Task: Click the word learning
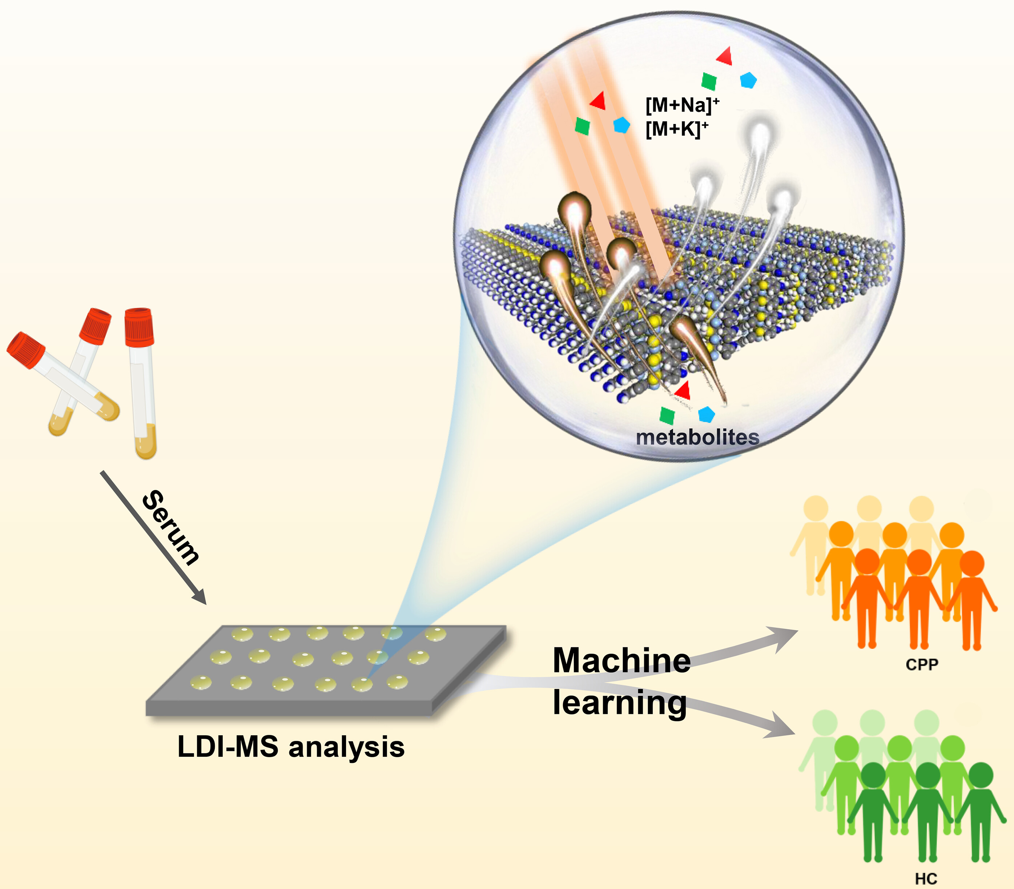[620, 703]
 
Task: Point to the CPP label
[922, 664]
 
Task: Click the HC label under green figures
[926, 878]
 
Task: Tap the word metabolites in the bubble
[697, 437]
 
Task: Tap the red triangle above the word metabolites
[683, 390]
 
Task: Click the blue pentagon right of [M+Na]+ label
[748, 80]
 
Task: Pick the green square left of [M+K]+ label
[582, 126]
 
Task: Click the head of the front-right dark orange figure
[972, 564]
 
